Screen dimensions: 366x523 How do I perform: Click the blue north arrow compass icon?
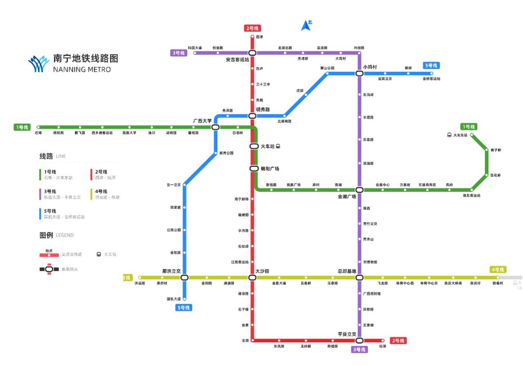[306, 25]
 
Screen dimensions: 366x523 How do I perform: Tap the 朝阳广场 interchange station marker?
[254, 168]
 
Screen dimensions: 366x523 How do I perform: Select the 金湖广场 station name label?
[347, 196]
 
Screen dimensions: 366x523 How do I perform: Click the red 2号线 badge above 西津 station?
[252, 28]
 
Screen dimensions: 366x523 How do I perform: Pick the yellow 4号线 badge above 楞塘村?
[498, 270]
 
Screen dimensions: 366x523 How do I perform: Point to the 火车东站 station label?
[460, 135]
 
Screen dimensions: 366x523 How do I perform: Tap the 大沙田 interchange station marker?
[252, 277]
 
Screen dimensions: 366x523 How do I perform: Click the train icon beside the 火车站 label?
[278, 146]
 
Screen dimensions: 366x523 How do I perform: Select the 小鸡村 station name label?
[370, 67]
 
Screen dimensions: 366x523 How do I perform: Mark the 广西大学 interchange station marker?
[215, 127]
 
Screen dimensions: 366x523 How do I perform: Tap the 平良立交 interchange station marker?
[359, 341]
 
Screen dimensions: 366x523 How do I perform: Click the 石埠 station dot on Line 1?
[38, 127]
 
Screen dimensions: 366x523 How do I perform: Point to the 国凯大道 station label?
[173, 299]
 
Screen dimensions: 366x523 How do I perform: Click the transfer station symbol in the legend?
[49, 269]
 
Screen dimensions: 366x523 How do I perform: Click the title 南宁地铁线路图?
[86, 58]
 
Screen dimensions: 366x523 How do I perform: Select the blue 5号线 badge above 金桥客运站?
[431, 65]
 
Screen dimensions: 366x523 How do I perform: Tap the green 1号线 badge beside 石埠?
[22, 127]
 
